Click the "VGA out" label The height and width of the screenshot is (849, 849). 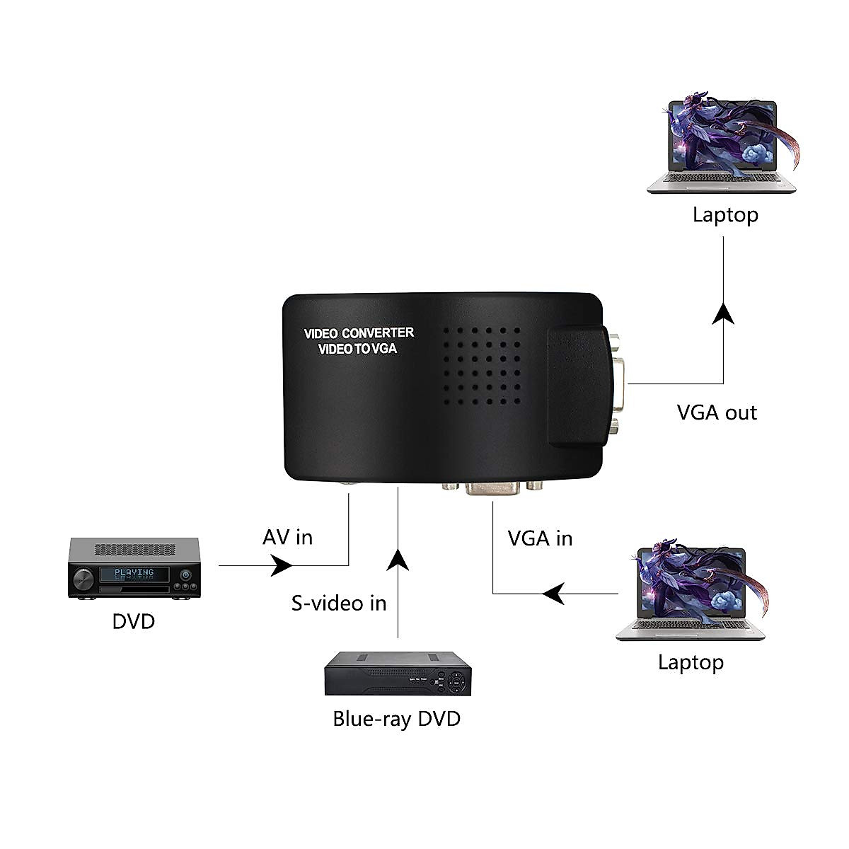(x=717, y=412)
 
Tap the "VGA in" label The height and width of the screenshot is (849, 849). (x=540, y=538)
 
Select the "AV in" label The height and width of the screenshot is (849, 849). (x=287, y=537)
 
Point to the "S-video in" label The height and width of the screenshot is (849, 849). (x=339, y=603)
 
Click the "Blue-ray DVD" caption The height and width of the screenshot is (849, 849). (x=396, y=719)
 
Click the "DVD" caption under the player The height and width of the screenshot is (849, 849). (x=133, y=621)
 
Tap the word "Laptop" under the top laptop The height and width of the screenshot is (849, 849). (x=725, y=214)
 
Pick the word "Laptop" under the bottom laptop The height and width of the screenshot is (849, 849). (x=691, y=662)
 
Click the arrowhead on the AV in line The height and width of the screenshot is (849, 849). (x=283, y=565)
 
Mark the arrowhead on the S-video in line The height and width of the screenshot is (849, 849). (x=398, y=559)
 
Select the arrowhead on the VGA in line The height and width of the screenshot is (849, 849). (x=553, y=593)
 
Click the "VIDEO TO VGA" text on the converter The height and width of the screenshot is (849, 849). (x=357, y=349)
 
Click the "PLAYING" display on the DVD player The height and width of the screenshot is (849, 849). (x=134, y=573)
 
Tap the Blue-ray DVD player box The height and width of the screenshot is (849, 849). (x=397, y=675)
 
